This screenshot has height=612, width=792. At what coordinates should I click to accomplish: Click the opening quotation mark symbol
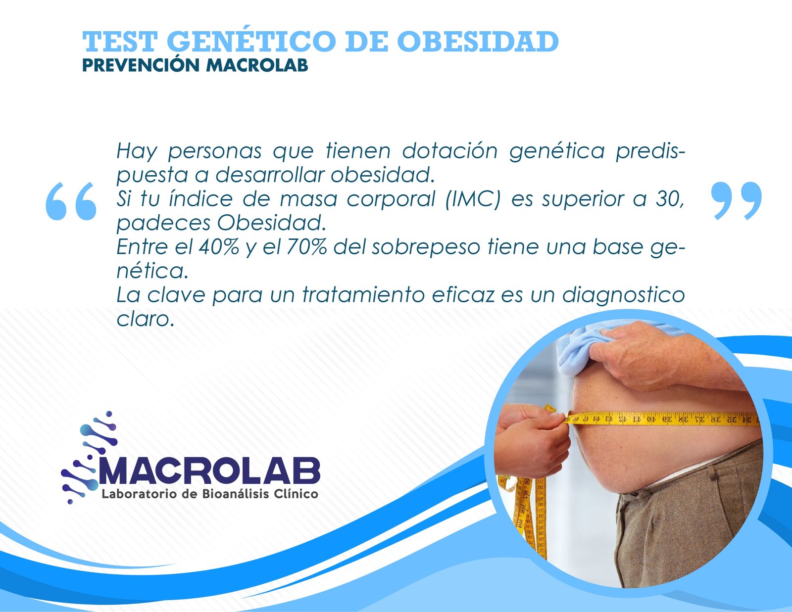tap(71, 201)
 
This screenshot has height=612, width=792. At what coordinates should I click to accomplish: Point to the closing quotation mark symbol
tap(737, 201)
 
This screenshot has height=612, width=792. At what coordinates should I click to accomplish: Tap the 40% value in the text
tap(219, 247)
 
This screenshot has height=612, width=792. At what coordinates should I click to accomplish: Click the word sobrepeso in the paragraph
tap(426, 248)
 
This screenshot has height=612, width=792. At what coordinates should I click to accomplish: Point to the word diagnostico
tap(623, 296)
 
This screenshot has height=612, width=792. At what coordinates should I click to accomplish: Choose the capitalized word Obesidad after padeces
tap(272, 223)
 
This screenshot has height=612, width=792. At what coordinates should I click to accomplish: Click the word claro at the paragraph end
tap(144, 320)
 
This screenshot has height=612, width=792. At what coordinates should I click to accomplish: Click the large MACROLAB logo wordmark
tap(209, 472)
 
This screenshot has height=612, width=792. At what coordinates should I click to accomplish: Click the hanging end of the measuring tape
tap(524, 521)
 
